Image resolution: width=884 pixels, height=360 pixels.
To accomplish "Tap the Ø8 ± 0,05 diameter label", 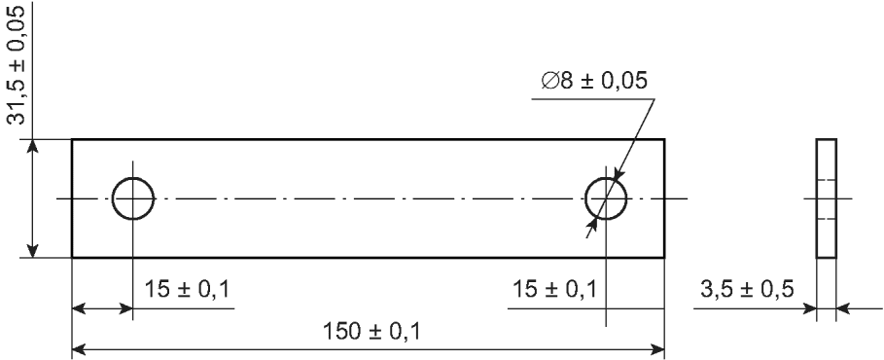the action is pos(593,82).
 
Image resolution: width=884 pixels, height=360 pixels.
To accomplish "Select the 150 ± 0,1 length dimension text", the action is pos(371,331).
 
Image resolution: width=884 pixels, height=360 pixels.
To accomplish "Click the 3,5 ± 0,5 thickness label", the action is pos(747,289).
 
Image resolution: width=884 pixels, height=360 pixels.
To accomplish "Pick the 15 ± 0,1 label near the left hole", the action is pos(187,289).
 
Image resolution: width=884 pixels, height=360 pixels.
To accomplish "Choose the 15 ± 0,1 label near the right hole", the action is pos(553,289).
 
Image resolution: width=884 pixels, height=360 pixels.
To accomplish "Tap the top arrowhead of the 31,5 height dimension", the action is pos(33,146).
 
